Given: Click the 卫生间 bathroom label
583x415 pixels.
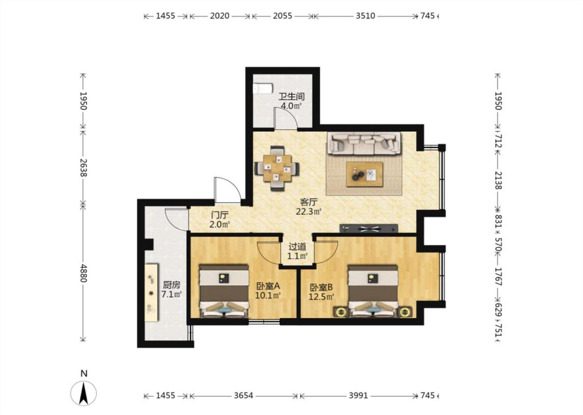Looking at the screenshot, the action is [292, 97].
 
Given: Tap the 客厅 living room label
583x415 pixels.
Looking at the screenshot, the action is [309, 202].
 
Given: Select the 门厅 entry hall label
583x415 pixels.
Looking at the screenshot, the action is [220, 215].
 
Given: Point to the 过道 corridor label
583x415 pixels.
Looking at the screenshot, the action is [297, 246].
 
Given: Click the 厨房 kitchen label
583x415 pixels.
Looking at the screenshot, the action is [172, 285].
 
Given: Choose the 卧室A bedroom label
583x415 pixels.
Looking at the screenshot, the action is [268, 286].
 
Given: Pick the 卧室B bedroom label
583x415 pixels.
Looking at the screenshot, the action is [321, 287].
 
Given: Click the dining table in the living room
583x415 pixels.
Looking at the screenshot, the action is [277, 169].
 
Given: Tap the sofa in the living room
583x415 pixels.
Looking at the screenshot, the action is [364, 143].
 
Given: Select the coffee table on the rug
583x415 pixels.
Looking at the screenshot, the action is [364, 174].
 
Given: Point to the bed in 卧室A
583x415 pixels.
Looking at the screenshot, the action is [224, 291].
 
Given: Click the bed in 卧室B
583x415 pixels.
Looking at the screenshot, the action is [373, 291].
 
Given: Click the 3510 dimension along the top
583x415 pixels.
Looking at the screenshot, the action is [365, 16].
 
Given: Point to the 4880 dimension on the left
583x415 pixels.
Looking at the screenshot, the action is [83, 273].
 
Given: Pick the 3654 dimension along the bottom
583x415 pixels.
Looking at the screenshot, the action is [244, 396].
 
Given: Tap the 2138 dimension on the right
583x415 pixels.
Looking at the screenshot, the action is [498, 181].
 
